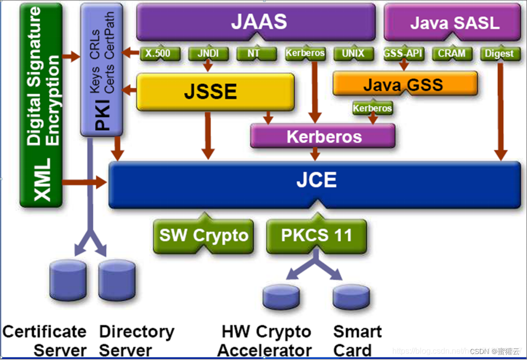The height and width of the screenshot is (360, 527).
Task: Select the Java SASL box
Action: coord(454,22)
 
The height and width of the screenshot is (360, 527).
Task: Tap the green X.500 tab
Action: coord(158,53)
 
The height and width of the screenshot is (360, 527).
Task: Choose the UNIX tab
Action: coord(353,53)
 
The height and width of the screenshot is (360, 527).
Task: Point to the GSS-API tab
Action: coord(403,53)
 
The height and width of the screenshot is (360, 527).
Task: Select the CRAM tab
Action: coord(452,53)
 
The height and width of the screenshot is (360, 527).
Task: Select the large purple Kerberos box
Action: coord(323,136)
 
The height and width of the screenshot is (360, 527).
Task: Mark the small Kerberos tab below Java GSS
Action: coord(372,108)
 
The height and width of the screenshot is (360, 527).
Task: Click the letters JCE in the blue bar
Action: coord(316,180)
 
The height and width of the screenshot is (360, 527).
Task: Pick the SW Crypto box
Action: coord(204,235)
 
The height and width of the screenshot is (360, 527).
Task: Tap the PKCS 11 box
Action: coord(316,235)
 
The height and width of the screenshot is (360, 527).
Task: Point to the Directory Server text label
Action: coord(136,341)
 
